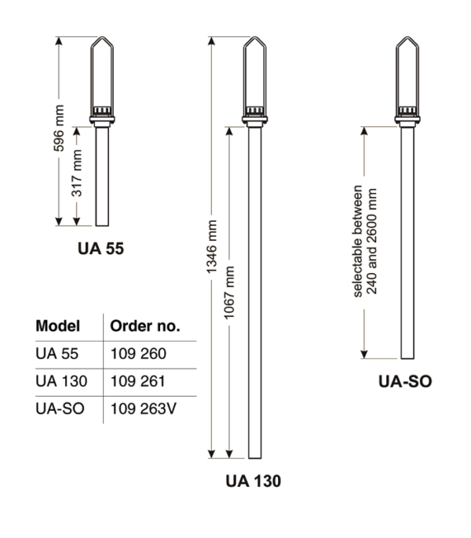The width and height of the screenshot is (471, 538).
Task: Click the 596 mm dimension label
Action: [x=59, y=128]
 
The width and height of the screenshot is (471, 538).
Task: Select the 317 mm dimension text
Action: [x=77, y=173]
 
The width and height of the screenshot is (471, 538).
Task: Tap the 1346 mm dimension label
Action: [x=211, y=247]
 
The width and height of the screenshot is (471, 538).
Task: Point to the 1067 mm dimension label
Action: [x=229, y=293]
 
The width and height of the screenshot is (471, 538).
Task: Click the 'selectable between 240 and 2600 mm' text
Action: [x=365, y=242]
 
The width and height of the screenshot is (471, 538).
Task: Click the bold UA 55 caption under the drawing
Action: [x=100, y=249]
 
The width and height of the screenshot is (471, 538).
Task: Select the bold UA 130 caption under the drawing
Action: [x=254, y=481]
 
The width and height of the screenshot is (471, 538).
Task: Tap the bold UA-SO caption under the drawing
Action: [x=405, y=381]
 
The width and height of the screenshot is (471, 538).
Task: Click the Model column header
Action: [x=58, y=326]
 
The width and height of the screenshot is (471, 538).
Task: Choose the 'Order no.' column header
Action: [x=145, y=326]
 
